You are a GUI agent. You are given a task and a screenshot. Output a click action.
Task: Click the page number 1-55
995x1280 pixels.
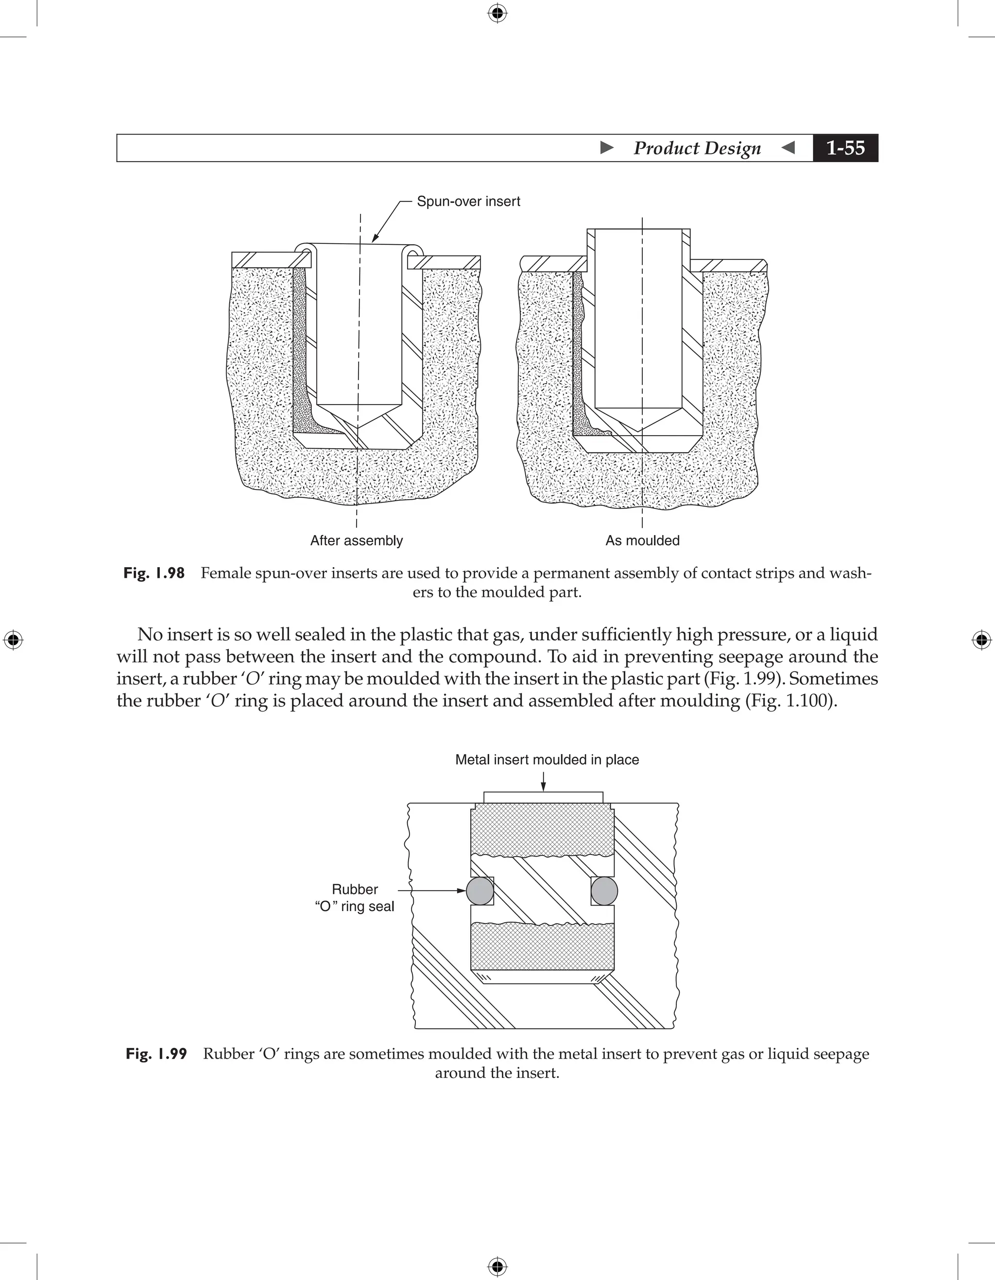pyautogui.click(x=845, y=148)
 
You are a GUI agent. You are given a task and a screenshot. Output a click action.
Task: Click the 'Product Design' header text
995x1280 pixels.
pyautogui.click(x=697, y=148)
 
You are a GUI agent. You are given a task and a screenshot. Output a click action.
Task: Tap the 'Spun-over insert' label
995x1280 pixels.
pyautogui.click(x=468, y=202)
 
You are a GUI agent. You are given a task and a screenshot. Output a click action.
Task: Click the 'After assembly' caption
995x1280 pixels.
pyautogui.click(x=357, y=540)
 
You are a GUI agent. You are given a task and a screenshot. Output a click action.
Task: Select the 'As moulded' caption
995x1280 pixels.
pyautogui.click(x=642, y=540)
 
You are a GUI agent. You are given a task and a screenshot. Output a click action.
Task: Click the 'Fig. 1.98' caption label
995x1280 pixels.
pyautogui.click(x=154, y=573)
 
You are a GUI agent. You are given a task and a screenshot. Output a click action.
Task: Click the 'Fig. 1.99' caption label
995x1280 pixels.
pyautogui.click(x=156, y=1054)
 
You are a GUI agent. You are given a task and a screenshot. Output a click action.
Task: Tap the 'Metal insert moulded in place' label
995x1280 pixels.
pyautogui.click(x=547, y=759)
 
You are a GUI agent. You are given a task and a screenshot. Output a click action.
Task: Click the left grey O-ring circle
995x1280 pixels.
pyautogui.click(x=480, y=891)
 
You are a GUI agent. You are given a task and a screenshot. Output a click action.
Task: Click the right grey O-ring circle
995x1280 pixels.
pyautogui.click(x=604, y=891)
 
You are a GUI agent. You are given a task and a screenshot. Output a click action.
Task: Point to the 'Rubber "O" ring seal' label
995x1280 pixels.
pyautogui.click(x=354, y=898)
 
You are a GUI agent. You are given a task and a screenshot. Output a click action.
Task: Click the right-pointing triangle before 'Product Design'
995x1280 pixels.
pyautogui.click(x=607, y=148)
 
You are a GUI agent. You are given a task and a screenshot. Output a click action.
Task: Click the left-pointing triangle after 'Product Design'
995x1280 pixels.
pyautogui.click(x=789, y=148)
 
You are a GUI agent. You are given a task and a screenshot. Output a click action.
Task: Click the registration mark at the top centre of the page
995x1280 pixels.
pyautogui.click(x=497, y=13)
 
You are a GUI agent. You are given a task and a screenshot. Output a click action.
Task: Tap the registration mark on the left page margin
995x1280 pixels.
pyautogui.click(x=13, y=640)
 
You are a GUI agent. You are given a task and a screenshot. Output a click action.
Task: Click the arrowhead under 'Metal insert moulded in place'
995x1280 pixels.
pyautogui.click(x=544, y=787)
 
